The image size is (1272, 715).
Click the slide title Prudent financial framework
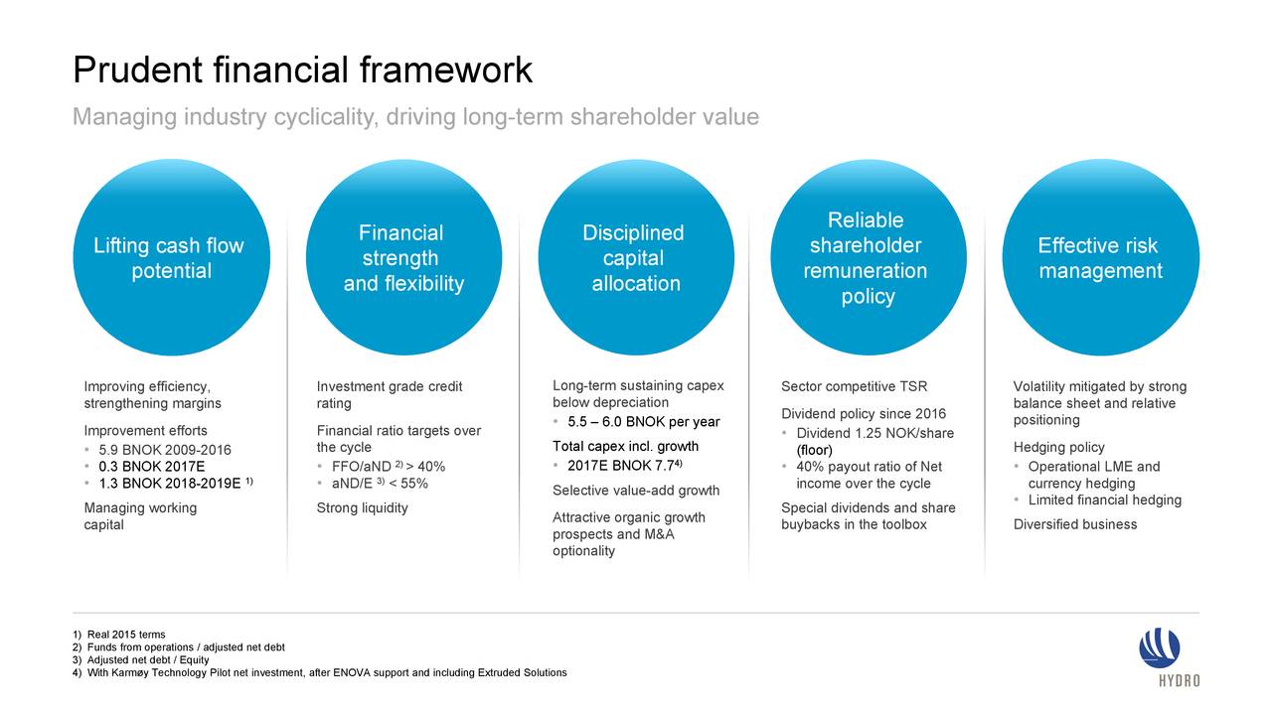(303, 71)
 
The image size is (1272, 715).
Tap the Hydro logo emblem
(1159, 648)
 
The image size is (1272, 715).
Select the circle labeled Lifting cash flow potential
(172, 257)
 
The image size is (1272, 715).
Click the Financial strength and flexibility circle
(403, 257)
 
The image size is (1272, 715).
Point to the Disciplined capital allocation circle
(636, 257)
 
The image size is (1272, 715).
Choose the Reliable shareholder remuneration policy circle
(869, 257)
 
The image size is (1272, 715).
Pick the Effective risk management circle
(1100, 257)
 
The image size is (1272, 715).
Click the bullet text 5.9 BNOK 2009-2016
(165, 450)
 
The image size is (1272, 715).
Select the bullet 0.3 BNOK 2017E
(152, 467)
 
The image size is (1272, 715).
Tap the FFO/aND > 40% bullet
(389, 467)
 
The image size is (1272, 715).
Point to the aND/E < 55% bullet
(380, 484)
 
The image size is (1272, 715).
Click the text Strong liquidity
(363, 507)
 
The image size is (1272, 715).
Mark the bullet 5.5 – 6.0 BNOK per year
(643, 422)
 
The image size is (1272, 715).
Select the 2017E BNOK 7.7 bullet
(625, 466)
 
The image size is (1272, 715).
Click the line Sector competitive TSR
(854, 386)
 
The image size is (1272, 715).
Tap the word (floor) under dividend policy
(814, 450)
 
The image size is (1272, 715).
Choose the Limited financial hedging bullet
(1104, 500)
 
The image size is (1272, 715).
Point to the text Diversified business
(1075, 524)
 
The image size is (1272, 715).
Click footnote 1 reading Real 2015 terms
(119, 635)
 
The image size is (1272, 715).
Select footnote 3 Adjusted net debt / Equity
(141, 660)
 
